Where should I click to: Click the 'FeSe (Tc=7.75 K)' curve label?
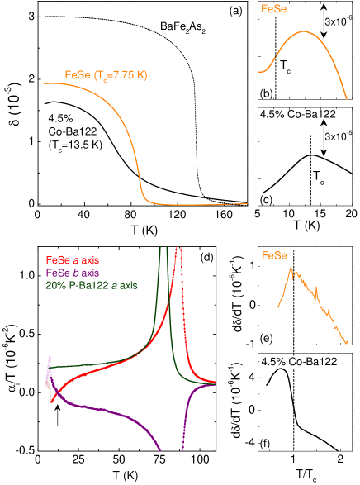point(106,75)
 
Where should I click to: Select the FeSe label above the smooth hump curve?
point(275,11)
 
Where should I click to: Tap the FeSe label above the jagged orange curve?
point(275,255)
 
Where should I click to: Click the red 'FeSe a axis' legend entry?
point(73,261)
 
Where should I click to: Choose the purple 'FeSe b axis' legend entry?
point(73,273)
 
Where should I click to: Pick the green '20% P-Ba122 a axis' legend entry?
point(91,285)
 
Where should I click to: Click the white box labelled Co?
point(295,362)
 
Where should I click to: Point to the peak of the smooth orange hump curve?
point(305,31)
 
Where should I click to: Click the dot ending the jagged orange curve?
point(347,342)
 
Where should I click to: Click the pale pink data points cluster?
point(49,376)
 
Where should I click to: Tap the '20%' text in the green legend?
point(54,285)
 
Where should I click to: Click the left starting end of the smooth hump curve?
point(260,71)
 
